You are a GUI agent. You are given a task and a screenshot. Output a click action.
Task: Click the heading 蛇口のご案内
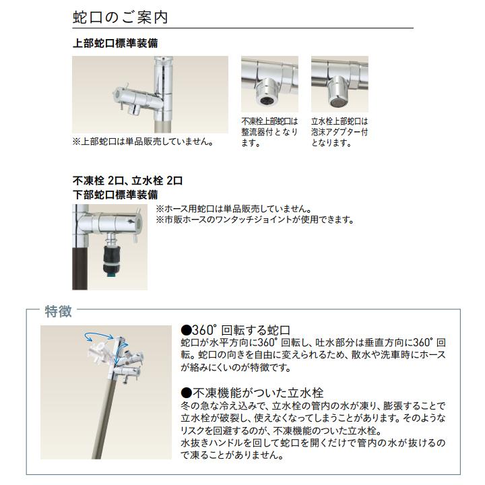(120, 17)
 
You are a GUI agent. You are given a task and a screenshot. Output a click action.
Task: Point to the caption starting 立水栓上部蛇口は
(339, 132)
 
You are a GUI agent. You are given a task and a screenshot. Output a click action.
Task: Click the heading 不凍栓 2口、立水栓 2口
(127, 181)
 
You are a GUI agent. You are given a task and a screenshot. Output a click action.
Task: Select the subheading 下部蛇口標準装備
(115, 195)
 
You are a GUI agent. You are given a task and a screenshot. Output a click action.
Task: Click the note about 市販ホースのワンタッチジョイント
(255, 220)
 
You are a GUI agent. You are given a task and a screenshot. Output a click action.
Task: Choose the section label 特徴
(59, 311)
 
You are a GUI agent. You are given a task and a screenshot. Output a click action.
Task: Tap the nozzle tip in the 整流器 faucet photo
(267, 100)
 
